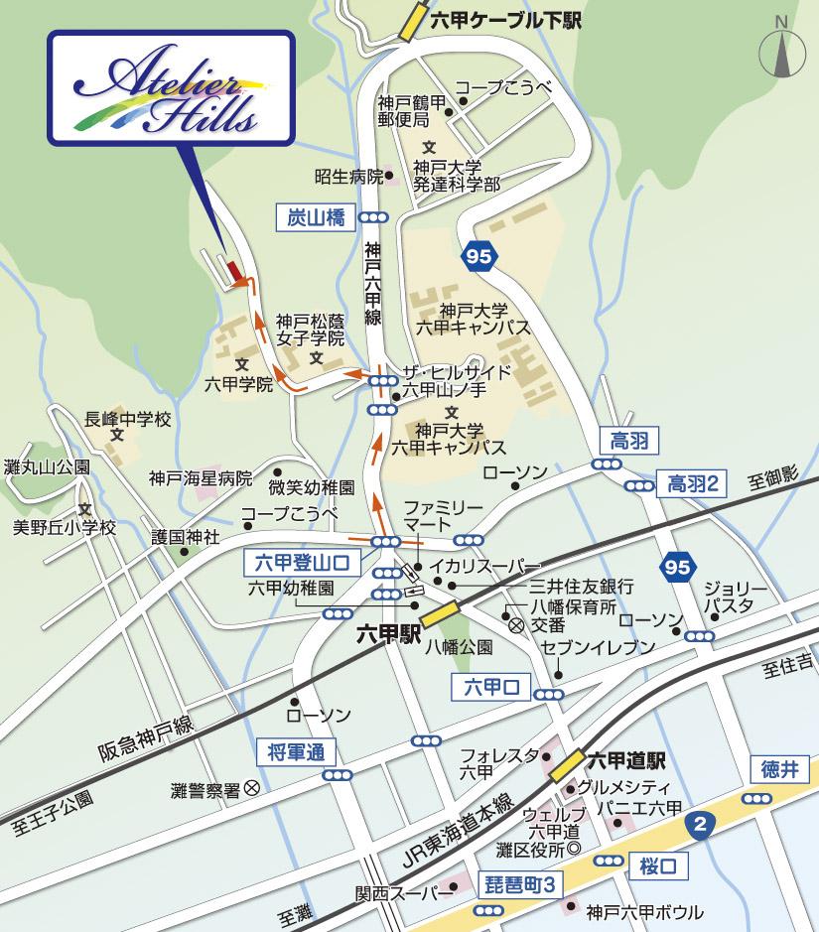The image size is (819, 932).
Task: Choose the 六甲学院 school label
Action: coord(238,383)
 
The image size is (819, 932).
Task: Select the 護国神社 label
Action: coord(185,537)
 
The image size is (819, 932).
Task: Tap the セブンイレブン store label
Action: coord(599,648)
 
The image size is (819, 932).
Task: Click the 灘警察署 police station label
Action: coord(205,790)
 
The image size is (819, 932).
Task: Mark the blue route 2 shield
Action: coord(701,823)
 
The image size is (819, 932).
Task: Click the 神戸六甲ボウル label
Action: coord(645,911)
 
